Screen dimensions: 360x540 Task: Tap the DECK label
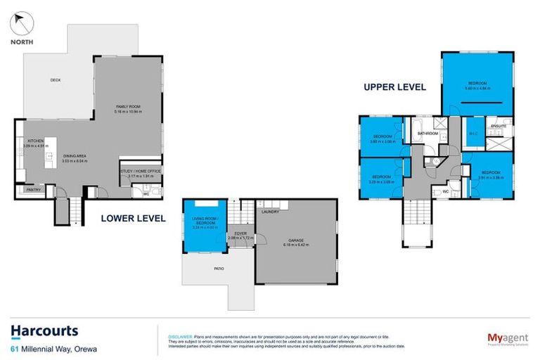pyautogui.click(x=56, y=80)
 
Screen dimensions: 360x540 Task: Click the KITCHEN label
pyautogui.click(x=36, y=141)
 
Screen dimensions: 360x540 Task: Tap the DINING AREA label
pyautogui.click(x=75, y=157)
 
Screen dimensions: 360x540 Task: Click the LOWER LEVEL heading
pyautogui.click(x=133, y=219)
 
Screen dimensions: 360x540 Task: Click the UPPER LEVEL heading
pyautogui.click(x=394, y=87)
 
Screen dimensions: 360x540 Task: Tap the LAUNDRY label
pyautogui.click(x=270, y=211)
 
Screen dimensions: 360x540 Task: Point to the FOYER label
pyautogui.click(x=240, y=234)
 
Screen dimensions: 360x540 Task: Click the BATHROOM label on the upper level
pyautogui.click(x=427, y=133)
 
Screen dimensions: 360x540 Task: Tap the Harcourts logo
pyautogui.click(x=44, y=331)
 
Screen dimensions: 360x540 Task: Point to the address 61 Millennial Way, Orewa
pyautogui.click(x=53, y=348)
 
